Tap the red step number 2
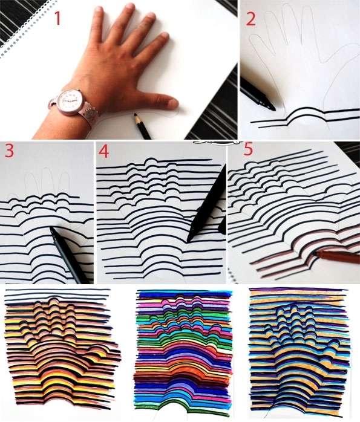(250, 19)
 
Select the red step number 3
(9, 151)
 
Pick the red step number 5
(248, 149)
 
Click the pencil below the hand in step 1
(142, 126)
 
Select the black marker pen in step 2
(257, 94)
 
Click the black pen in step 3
(68, 255)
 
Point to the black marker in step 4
(206, 203)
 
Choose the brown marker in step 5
(336, 256)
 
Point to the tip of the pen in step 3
(51, 228)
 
